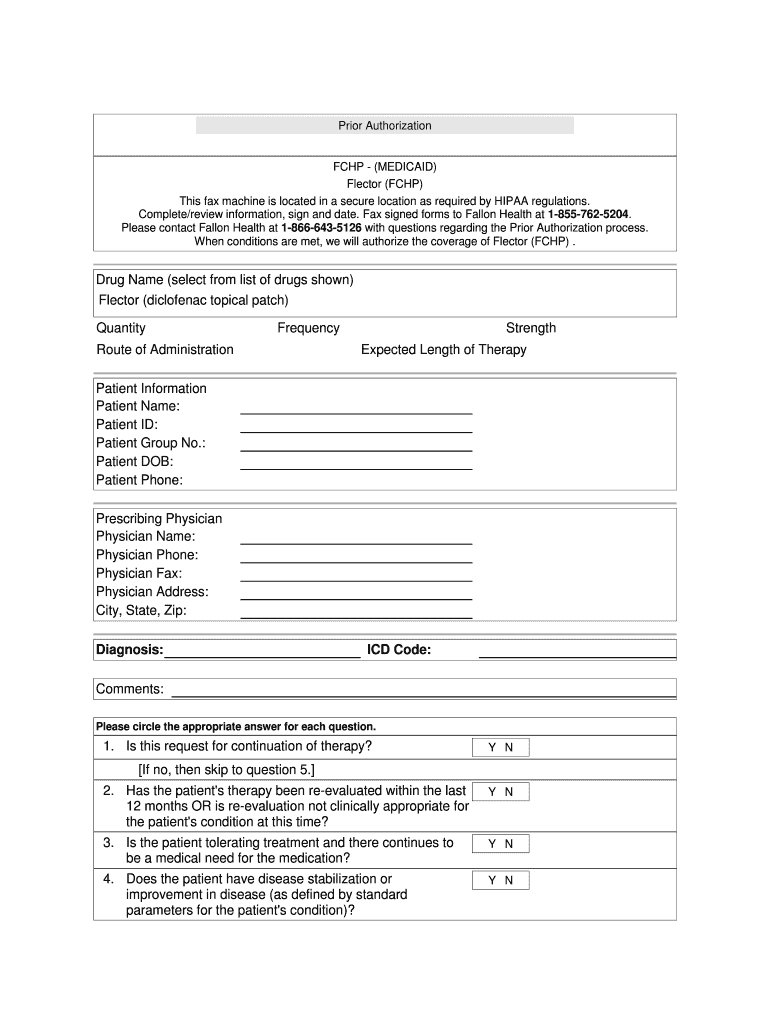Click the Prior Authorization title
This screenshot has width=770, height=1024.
(x=385, y=126)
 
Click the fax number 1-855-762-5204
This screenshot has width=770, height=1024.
(x=589, y=214)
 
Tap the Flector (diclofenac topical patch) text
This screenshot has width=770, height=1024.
(x=193, y=300)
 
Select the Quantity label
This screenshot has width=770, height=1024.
(x=121, y=328)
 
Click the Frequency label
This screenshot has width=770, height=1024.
(x=308, y=328)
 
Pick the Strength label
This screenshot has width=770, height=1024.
(x=531, y=328)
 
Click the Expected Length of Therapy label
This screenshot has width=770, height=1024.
(x=443, y=350)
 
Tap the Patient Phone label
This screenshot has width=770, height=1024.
(x=139, y=481)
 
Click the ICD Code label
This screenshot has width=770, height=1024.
(x=399, y=651)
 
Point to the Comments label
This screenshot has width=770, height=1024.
(x=130, y=689)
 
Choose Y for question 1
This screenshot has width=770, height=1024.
(x=492, y=748)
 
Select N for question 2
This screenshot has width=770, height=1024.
(x=509, y=792)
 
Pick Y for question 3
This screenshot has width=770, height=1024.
(x=492, y=844)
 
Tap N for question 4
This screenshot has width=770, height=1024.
(x=509, y=881)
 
